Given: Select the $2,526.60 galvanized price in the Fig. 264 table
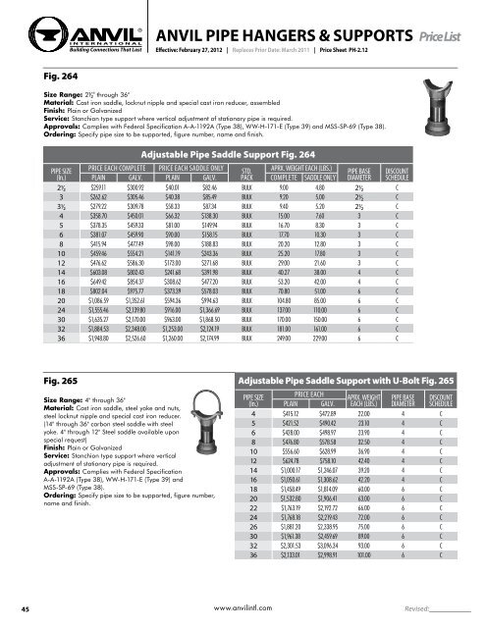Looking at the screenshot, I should click(x=113, y=367).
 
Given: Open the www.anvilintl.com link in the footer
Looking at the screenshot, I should click(x=241, y=606).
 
